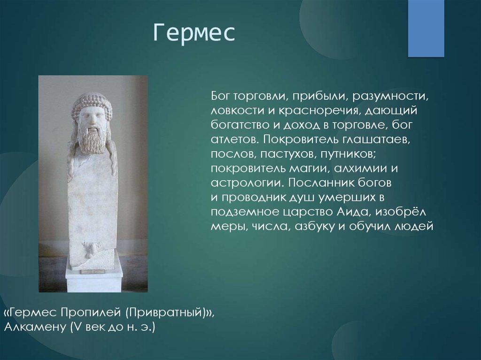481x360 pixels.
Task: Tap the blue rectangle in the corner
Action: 426,28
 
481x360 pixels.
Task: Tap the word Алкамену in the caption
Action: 36,327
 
